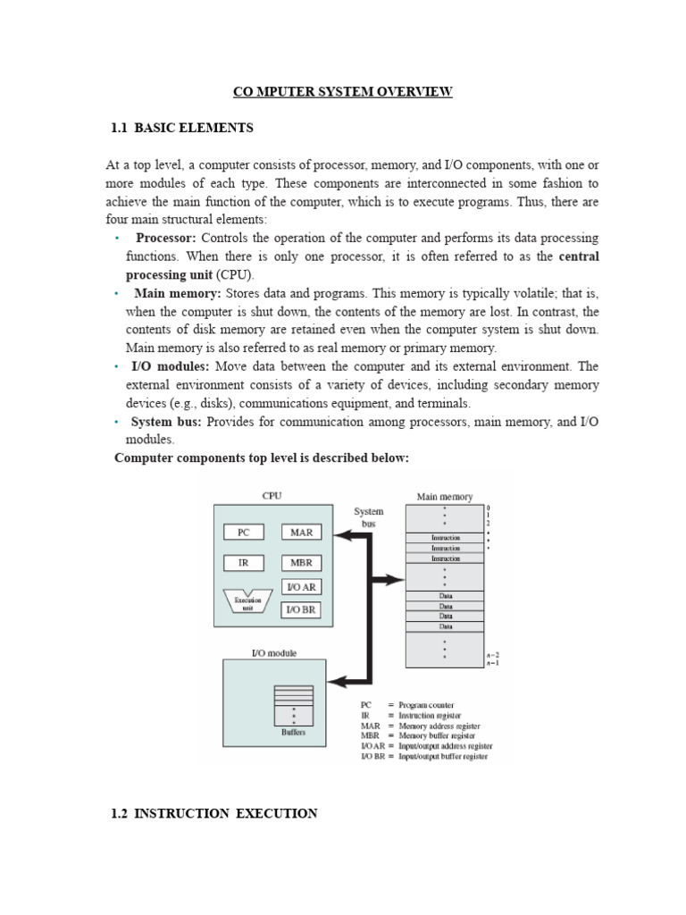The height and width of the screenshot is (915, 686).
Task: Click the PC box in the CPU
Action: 243,532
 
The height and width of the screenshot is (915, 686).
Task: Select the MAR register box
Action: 302,532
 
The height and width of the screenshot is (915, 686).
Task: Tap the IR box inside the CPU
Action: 243,563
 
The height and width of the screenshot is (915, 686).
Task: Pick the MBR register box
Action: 302,563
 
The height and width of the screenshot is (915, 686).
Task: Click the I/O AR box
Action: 302,587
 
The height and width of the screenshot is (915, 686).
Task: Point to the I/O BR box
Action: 302,610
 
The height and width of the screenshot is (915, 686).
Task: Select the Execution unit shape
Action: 248,602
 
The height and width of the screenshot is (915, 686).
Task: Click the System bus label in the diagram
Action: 369,517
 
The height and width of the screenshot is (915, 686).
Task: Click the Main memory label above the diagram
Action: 444,497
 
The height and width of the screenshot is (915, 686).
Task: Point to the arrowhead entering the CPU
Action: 343,535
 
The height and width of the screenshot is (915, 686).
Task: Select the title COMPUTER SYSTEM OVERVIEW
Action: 343,91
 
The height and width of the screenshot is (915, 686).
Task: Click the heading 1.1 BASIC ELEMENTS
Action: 182,128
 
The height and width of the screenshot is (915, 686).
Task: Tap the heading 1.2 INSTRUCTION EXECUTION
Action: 213,813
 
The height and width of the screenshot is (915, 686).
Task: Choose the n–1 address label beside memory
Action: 492,662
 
